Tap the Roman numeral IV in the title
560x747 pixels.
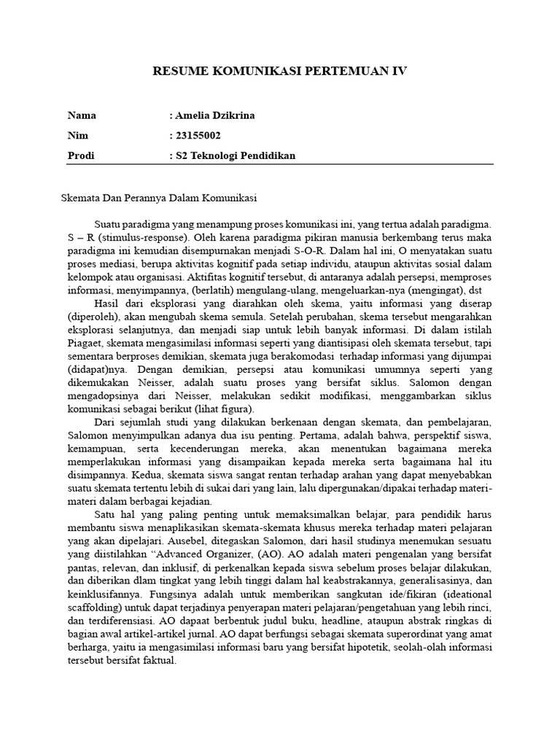tap(397, 71)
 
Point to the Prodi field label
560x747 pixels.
tap(80, 155)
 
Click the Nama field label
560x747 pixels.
tap(82, 116)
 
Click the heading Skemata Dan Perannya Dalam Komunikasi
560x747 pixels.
tap(159, 198)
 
